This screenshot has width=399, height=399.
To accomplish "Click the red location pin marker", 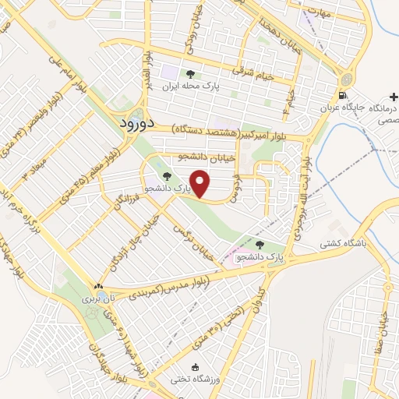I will [x=202, y=184].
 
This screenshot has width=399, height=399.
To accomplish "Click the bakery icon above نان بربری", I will [x=98, y=287].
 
